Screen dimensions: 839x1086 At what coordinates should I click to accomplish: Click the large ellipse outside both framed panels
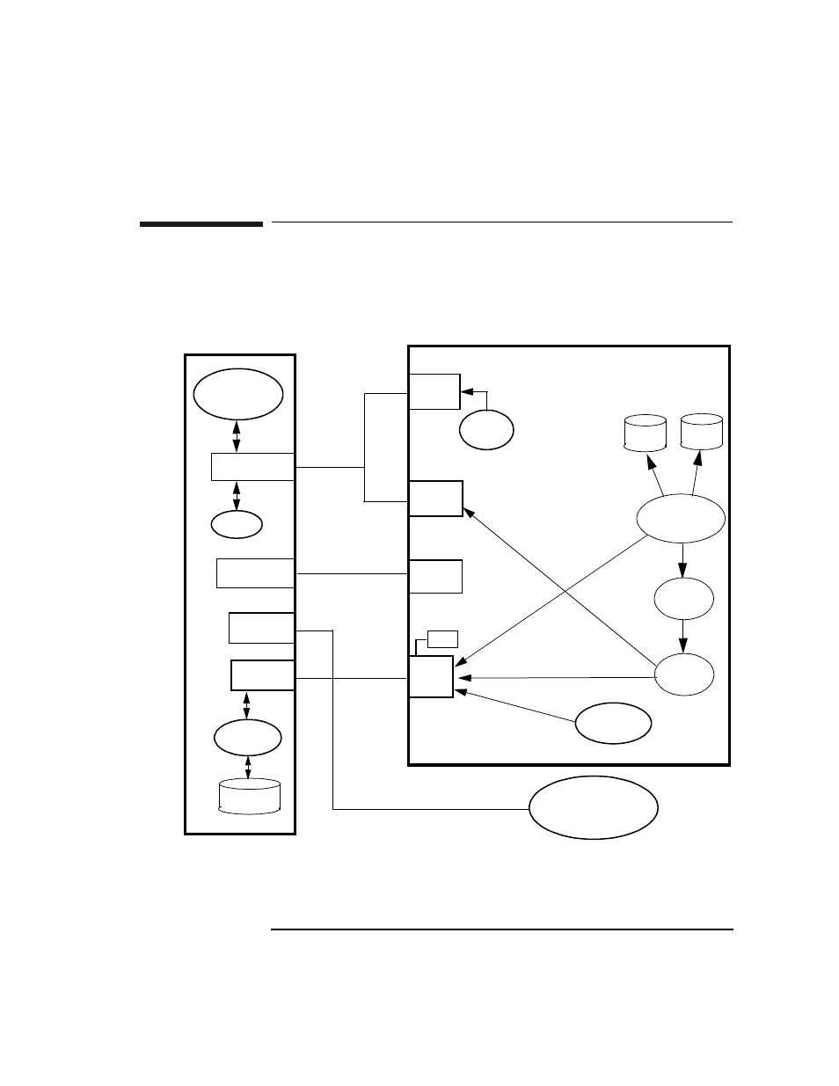pyautogui.click(x=593, y=808)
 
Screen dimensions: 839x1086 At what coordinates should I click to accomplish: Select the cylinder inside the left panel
pyautogui.click(x=249, y=797)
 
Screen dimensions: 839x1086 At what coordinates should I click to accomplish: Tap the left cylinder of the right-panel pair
pyautogui.click(x=645, y=434)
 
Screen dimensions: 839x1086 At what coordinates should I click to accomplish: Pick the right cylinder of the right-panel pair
pyautogui.click(x=702, y=432)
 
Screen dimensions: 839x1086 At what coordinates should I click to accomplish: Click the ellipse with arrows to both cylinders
pyautogui.click(x=681, y=520)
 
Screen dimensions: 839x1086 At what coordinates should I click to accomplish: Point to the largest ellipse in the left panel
pyautogui.click(x=237, y=395)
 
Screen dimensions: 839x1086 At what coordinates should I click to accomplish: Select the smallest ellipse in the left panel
pyautogui.click(x=237, y=524)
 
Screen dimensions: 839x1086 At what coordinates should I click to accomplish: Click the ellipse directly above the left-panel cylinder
pyautogui.click(x=248, y=738)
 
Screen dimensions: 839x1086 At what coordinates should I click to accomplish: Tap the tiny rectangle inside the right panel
pyautogui.click(x=442, y=638)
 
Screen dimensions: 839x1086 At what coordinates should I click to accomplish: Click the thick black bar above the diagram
pyautogui.click(x=201, y=225)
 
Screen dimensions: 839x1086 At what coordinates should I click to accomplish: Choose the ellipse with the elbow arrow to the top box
pyautogui.click(x=486, y=430)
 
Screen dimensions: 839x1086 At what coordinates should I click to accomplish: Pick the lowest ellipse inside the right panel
pyautogui.click(x=613, y=724)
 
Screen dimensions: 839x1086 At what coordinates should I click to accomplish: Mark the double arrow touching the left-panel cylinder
pyautogui.click(x=248, y=767)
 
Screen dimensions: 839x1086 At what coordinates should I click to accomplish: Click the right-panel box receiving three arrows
pyautogui.click(x=431, y=677)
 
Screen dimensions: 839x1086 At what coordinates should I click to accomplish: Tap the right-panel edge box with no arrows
pyautogui.click(x=435, y=576)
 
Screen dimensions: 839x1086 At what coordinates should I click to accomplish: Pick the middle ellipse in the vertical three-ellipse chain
pyautogui.click(x=683, y=599)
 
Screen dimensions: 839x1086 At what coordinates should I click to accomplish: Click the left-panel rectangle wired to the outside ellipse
pyautogui.click(x=261, y=628)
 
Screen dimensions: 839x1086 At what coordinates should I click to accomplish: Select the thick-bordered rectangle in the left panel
pyautogui.click(x=262, y=675)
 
